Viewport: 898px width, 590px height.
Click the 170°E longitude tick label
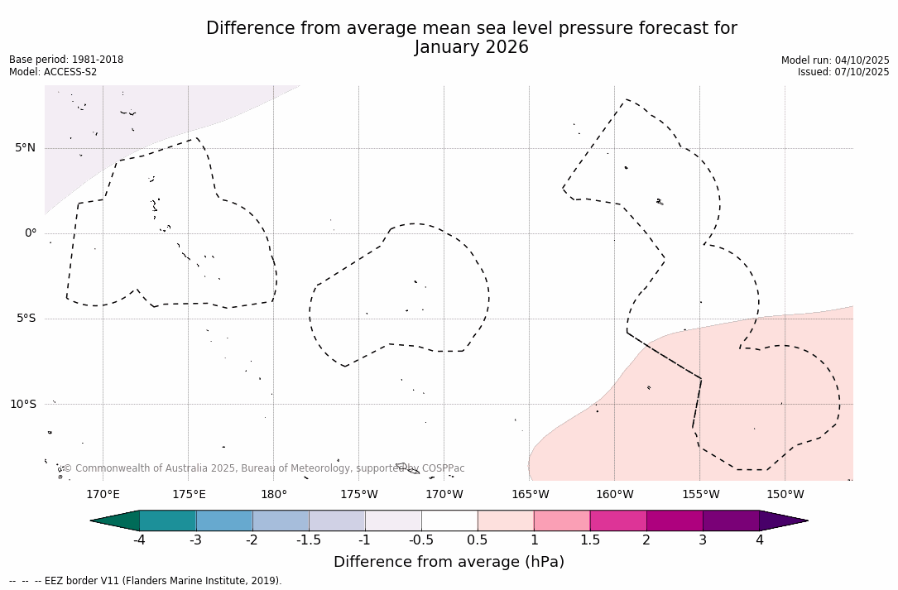[x=103, y=495]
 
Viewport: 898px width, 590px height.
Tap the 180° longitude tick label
[x=274, y=495]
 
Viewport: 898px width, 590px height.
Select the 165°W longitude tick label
[x=530, y=495]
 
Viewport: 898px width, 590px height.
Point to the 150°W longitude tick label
[x=785, y=495]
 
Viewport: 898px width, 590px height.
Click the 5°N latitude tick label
[x=26, y=148]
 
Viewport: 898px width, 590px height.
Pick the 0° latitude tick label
[x=31, y=233]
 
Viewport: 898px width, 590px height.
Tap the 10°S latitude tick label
[x=22, y=404]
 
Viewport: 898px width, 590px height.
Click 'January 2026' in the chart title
[x=471, y=48]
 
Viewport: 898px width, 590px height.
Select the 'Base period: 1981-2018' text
[x=66, y=60]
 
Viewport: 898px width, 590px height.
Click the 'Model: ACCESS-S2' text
[x=53, y=72]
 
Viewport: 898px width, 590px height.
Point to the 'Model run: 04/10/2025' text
[x=835, y=60]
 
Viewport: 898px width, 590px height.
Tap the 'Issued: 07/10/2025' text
[x=843, y=72]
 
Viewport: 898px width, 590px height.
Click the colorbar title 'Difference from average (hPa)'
[x=449, y=562]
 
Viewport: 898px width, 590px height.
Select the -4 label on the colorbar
[x=140, y=540]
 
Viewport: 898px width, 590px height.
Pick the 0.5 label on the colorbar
[x=478, y=540]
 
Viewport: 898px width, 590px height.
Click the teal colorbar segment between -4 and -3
[x=168, y=520]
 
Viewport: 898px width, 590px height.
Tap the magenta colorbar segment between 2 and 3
[x=675, y=520]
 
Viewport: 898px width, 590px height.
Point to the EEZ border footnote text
[x=146, y=581]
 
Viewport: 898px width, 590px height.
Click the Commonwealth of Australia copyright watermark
[x=264, y=468]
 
